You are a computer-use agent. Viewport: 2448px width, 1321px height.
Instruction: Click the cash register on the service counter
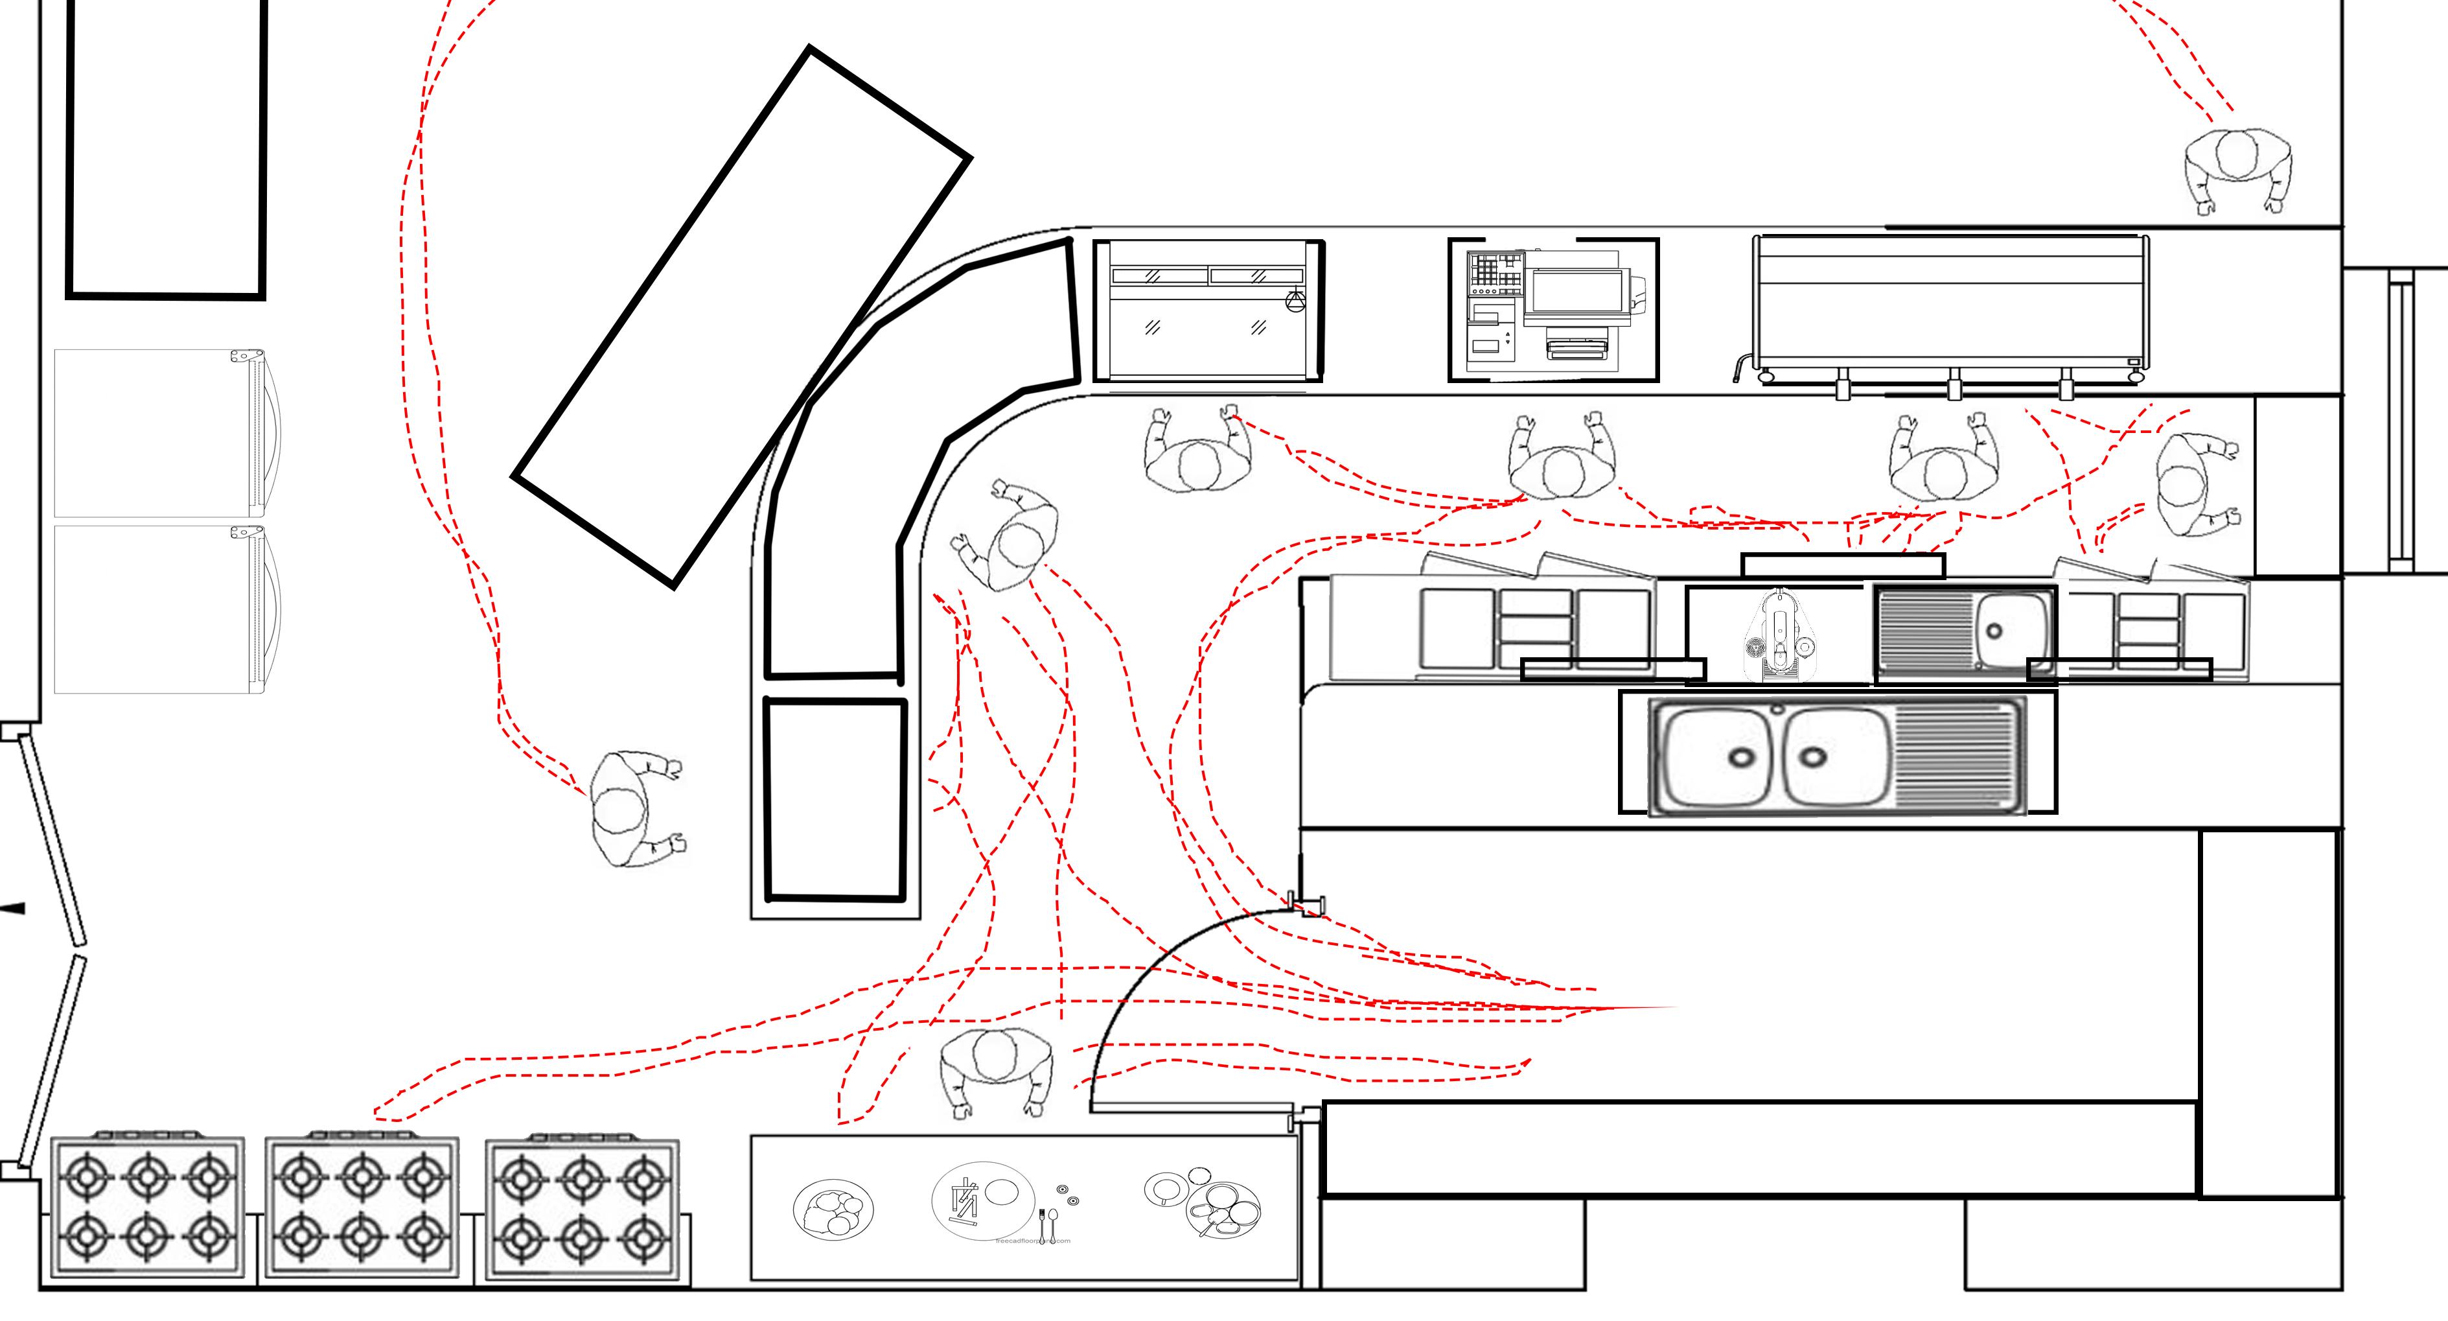pos(1553,310)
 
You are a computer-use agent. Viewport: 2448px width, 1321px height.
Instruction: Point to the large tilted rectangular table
pos(741,316)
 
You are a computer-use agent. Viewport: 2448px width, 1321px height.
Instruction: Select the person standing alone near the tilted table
pos(632,808)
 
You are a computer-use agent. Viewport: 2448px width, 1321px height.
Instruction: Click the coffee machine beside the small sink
pos(1775,635)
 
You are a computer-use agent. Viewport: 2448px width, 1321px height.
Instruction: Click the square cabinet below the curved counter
pos(835,799)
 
